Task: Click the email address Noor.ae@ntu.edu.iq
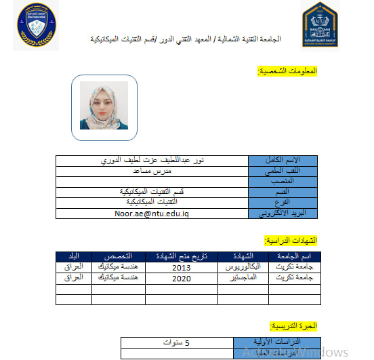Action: [x=152, y=213]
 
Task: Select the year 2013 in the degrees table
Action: [x=181, y=267]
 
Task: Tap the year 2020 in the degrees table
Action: [x=181, y=278]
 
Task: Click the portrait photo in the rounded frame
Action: [x=104, y=107]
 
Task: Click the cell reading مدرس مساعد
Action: [x=152, y=172]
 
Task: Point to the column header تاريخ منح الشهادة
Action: [x=181, y=256]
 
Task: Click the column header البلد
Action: [x=73, y=256]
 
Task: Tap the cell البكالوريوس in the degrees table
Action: [x=242, y=267]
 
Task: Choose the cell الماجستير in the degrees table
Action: [x=243, y=278]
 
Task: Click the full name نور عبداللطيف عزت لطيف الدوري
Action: [x=152, y=161]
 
